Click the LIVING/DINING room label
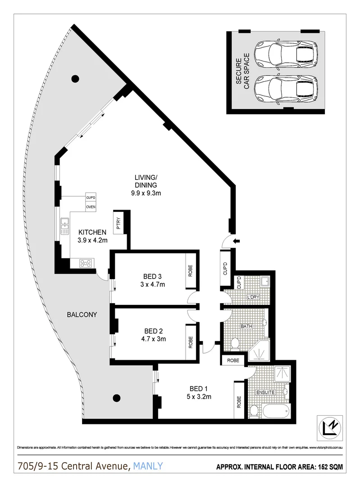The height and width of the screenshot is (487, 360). pos(145,184)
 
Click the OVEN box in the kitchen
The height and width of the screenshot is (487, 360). pos(91,207)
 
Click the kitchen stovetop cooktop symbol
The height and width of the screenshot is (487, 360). pos(86,263)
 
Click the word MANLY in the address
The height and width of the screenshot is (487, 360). pos(146,466)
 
